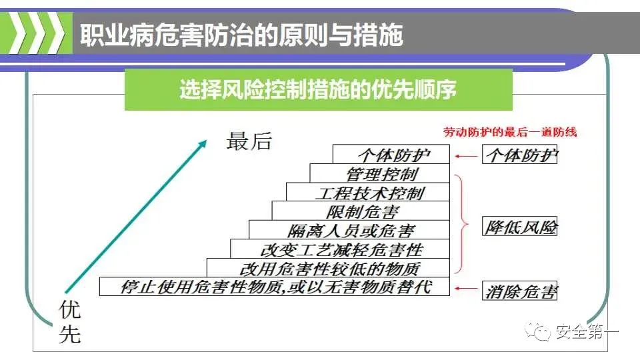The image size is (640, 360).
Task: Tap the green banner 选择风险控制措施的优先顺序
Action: click(x=318, y=89)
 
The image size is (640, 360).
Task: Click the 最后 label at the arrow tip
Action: click(x=249, y=141)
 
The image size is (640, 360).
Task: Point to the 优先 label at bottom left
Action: click(x=70, y=321)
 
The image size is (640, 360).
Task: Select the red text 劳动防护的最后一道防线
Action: click(x=510, y=132)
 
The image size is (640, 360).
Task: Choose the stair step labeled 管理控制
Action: click(x=382, y=174)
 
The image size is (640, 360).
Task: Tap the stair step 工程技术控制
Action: click(x=369, y=193)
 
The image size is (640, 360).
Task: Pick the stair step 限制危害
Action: click(x=363, y=212)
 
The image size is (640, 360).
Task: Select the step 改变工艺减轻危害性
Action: click(x=341, y=250)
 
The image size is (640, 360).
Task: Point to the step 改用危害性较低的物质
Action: click(x=329, y=269)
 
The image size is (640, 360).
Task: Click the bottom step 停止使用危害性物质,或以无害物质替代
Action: click(x=276, y=287)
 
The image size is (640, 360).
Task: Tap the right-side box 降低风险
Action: click(x=520, y=227)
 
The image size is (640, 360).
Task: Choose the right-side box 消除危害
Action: click(x=520, y=291)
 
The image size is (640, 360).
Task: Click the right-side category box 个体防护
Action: click(x=520, y=155)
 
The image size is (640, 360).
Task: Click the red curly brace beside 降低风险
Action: click(x=459, y=223)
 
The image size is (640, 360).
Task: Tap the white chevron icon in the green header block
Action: click(x=37, y=33)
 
